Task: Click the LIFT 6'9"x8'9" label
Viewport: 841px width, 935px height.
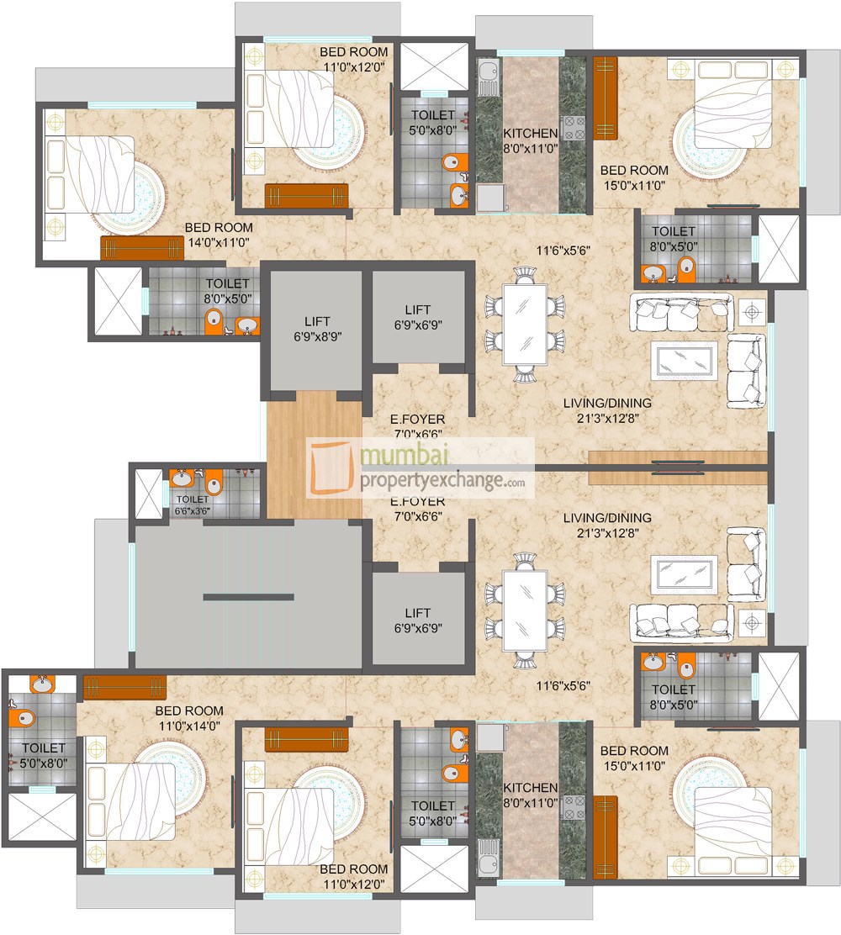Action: tap(310, 328)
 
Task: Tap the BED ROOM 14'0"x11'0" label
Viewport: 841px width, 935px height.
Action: tap(218, 235)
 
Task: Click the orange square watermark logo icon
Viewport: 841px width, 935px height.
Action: tap(333, 468)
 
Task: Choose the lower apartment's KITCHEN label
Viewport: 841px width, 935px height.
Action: tap(530, 795)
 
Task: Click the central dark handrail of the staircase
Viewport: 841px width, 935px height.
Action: tap(248, 597)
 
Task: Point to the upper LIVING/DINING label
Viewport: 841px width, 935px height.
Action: tap(607, 410)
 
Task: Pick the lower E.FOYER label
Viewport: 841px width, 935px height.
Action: tap(417, 509)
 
